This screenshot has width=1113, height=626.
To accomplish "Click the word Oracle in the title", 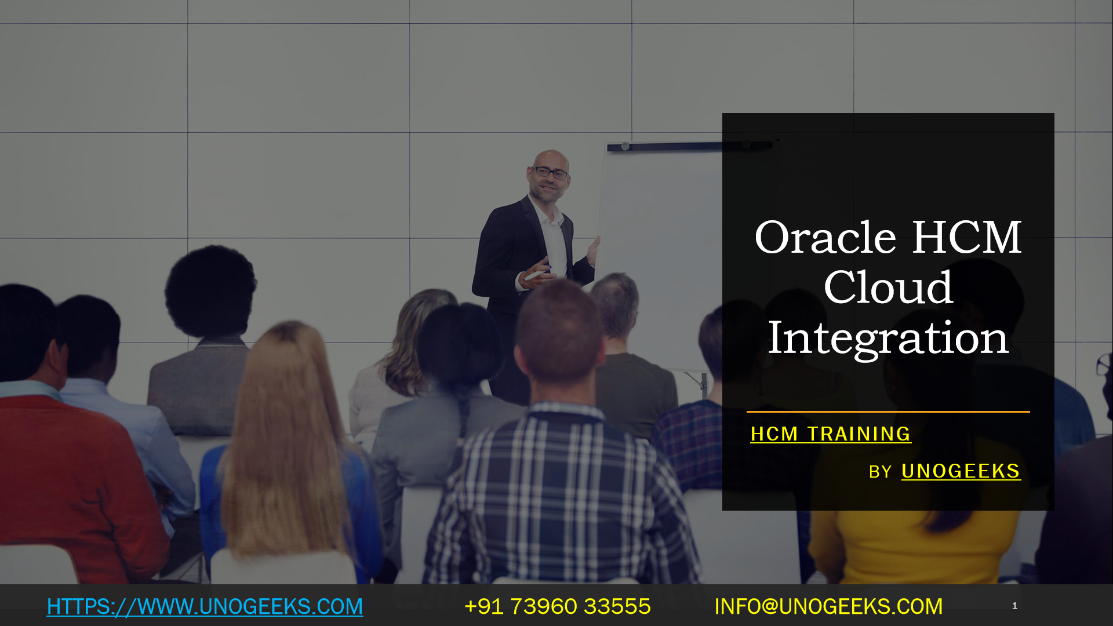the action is [x=825, y=238].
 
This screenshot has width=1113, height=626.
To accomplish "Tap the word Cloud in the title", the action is [x=888, y=287].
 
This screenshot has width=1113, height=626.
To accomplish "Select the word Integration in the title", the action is [x=888, y=339].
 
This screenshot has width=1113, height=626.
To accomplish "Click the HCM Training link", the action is [x=831, y=434].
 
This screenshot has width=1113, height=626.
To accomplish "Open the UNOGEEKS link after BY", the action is [x=961, y=471].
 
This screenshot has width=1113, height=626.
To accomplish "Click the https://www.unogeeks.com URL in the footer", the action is [x=205, y=606].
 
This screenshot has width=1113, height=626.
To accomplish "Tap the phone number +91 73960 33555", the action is [x=558, y=606].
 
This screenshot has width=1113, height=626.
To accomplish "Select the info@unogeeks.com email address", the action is [x=828, y=606].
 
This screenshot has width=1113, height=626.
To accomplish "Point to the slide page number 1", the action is [x=1014, y=606].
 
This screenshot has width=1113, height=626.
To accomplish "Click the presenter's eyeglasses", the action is [x=550, y=172].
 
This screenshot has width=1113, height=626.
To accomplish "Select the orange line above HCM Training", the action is [x=888, y=412].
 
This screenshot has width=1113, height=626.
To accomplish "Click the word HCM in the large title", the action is [x=967, y=238].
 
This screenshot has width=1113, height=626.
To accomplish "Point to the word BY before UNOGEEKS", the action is [x=880, y=472].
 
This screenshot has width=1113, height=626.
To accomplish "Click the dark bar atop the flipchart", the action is [x=690, y=146].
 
